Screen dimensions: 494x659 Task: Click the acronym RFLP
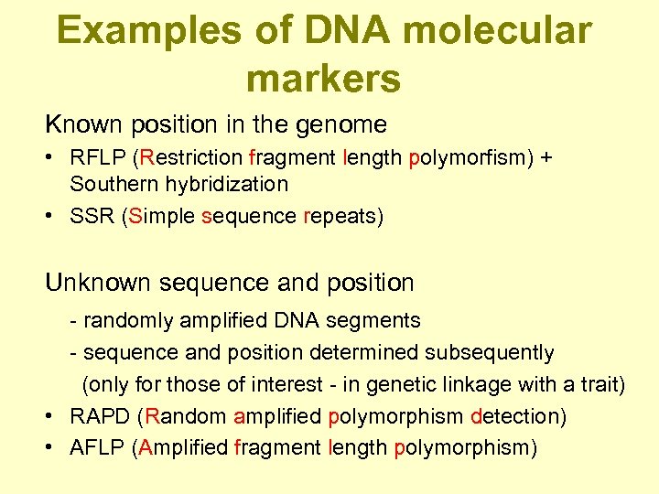99,158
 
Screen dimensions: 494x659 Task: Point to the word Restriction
191,158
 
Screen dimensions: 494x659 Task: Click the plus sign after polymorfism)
546,158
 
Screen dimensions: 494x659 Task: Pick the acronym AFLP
98,447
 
